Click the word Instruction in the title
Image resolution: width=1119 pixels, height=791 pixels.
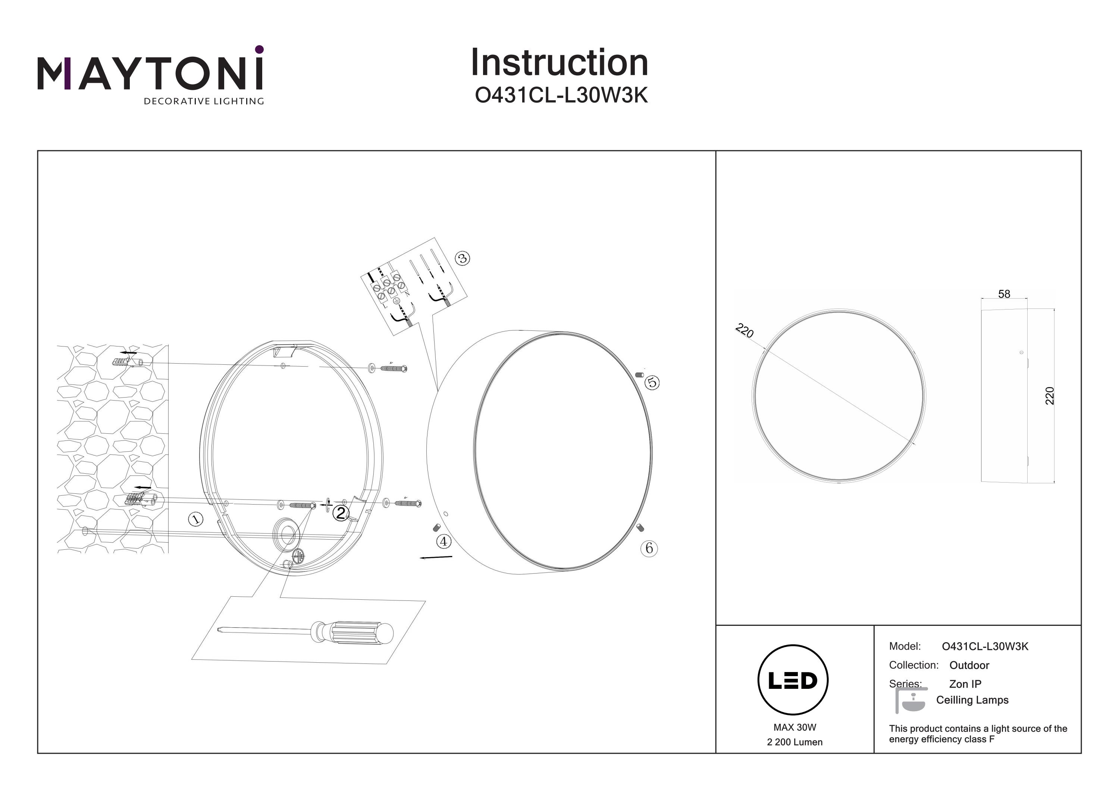coord(559,63)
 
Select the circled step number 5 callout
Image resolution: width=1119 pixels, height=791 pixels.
coord(652,383)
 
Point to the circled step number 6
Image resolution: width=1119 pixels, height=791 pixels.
coord(649,548)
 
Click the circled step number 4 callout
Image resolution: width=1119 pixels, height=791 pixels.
coord(443,541)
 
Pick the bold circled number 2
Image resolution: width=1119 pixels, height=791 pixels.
coord(340,513)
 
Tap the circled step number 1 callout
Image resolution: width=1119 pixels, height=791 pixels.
coord(196,519)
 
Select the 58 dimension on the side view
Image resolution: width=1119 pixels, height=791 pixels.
coord(1004,294)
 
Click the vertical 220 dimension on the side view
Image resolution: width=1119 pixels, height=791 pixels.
coord(1050,395)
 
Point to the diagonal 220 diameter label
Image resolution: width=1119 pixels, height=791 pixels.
coord(744,330)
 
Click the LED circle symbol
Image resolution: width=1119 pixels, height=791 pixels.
coord(793,680)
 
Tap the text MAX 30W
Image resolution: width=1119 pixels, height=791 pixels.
coord(794,728)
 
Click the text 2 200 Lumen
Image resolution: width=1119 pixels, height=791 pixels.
coord(794,742)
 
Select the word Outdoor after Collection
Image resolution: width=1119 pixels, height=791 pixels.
coord(969,665)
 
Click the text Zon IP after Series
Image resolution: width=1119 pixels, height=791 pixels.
coord(965,684)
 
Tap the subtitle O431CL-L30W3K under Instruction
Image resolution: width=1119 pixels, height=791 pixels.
coord(561,96)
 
